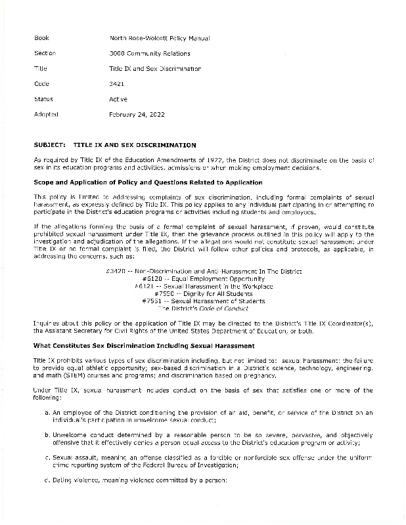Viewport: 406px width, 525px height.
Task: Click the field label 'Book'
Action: tap(41, 38)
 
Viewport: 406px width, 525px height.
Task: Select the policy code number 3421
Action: tap(116, 83)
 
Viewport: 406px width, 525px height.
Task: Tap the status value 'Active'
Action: tap(118, 99)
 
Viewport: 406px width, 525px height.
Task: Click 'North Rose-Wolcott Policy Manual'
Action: tap(159, 38)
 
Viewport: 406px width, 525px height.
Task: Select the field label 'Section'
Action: tap(45, 53)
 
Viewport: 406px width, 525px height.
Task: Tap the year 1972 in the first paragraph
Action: tap(219, 159)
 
